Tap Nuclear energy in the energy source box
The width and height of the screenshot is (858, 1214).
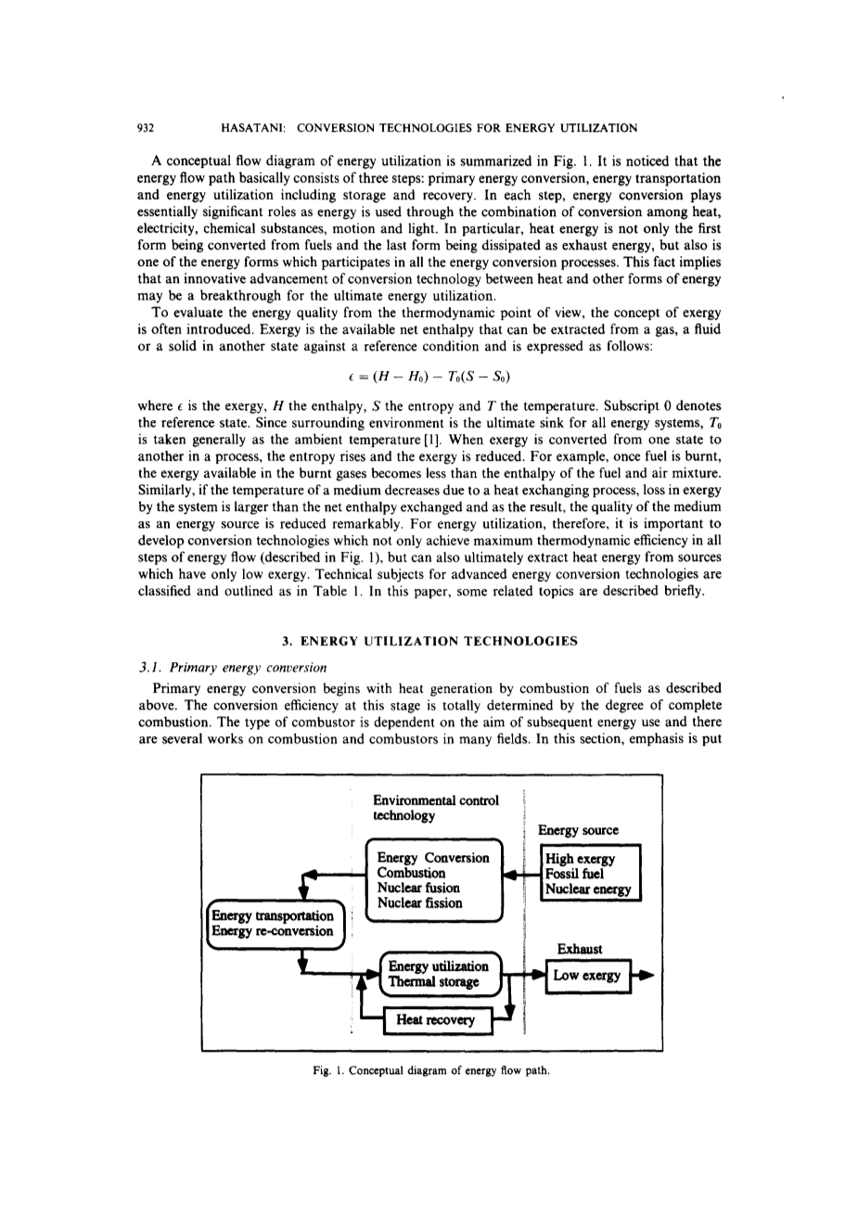pyautogui.click(x=588, y=888)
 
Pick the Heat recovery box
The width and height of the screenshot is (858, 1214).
pyautogui.click(x=434, y=1020)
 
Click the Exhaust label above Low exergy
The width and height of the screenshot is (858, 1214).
pyautogui.click(x=580, y=949)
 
